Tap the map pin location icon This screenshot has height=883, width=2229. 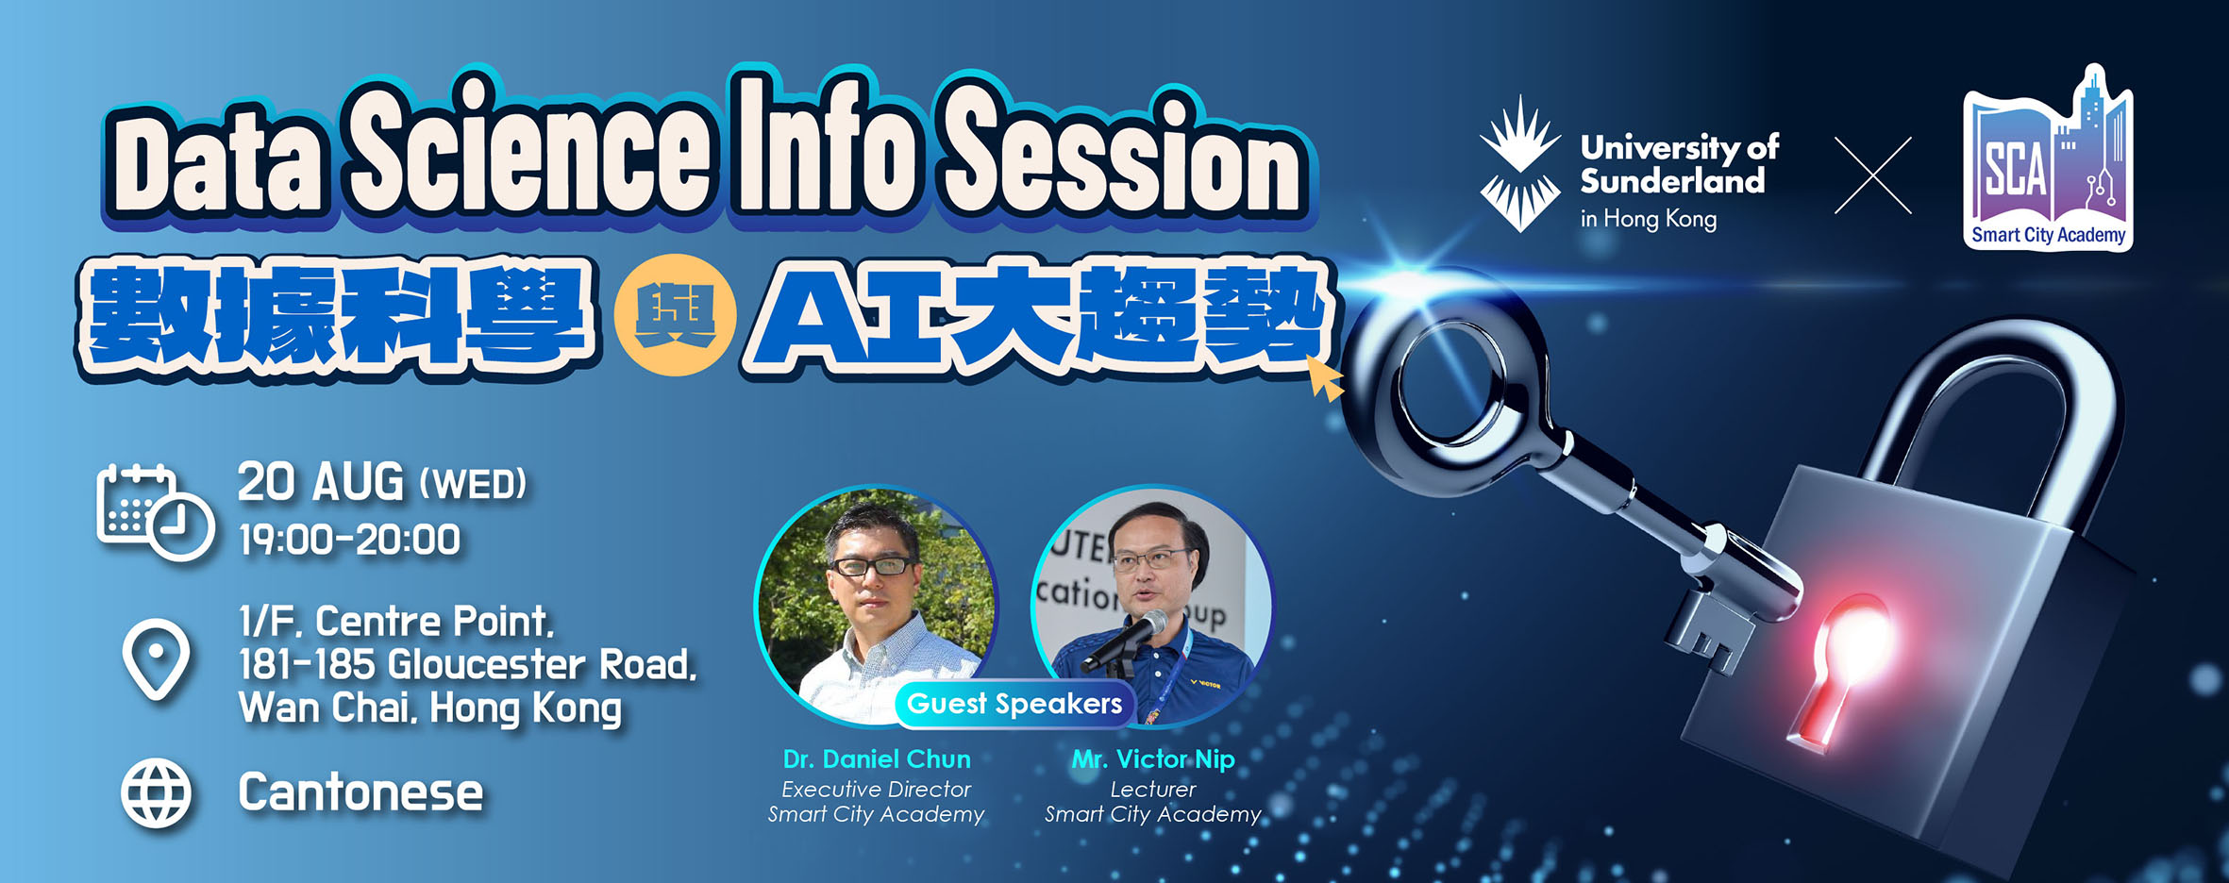click(157, 659)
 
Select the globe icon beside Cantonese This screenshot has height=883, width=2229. click(156, 793)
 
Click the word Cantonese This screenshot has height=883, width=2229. click(360, 792)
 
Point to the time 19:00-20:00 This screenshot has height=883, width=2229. click(349, 541)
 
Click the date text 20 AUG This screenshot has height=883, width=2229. click(320, 482)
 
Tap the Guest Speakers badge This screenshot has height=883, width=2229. click(1014, 704)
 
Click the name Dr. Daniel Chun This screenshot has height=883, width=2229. click(877, 759)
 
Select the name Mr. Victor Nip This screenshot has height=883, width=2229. click(1153, 759)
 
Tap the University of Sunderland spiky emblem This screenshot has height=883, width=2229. click(1519, 163)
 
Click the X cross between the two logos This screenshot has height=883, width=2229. click(1872, 175)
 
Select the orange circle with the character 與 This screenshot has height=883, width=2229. click(675, 315)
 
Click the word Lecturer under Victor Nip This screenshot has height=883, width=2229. click(1153, 789)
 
